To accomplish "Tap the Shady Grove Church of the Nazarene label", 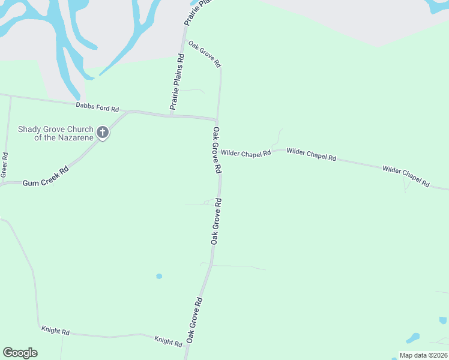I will tap(55, 133).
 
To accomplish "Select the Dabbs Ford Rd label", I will tap(97, 107).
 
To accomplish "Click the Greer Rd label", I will tap(4, 164).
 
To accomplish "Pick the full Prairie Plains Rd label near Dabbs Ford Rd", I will tap(178, 82).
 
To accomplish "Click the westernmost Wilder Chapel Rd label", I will tap(246, 154).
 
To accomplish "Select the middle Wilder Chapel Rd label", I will tap(311, 154).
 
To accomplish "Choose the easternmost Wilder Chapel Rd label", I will tap(406, 176).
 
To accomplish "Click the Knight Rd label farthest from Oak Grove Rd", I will tap(55, 331).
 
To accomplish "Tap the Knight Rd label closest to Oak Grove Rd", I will tap(168, 341).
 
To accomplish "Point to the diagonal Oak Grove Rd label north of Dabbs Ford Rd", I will tap(205, 54).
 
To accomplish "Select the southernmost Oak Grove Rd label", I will tap(194, 319).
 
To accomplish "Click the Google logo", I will tap(20, 353).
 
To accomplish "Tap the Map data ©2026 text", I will tap(423, 355).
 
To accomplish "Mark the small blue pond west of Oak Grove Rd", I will tap(159, 276).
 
